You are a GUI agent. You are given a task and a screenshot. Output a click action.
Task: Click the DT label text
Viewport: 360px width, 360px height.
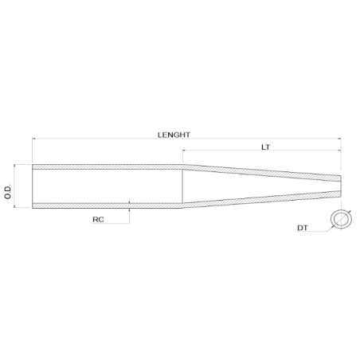(x=303, y=229)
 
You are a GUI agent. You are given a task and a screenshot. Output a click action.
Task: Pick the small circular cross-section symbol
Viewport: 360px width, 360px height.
(x=341, y=221)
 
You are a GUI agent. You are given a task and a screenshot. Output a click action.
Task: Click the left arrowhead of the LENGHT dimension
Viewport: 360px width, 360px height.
(x=35, y=140)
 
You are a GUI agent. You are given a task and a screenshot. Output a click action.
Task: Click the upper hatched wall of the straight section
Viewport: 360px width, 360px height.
(x=108, y=166)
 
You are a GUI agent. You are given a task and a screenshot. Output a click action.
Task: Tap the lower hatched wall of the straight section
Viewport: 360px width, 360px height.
(x=108, y=205)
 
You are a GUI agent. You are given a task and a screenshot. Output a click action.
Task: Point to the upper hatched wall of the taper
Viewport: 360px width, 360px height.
(x=263, y=171)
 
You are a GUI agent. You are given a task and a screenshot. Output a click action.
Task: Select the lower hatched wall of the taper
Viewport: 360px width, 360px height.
(x=263, y=200)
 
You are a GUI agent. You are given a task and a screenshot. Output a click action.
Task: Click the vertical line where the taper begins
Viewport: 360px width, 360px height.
(x=184, y=186)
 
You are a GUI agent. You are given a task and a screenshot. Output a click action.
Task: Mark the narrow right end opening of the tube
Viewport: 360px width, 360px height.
(x=341, y=186)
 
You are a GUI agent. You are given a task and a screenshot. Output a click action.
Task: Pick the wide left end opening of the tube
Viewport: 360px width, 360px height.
(x=33, y=186)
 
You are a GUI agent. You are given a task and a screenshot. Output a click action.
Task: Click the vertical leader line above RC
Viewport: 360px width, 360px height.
(x=129, y=213)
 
